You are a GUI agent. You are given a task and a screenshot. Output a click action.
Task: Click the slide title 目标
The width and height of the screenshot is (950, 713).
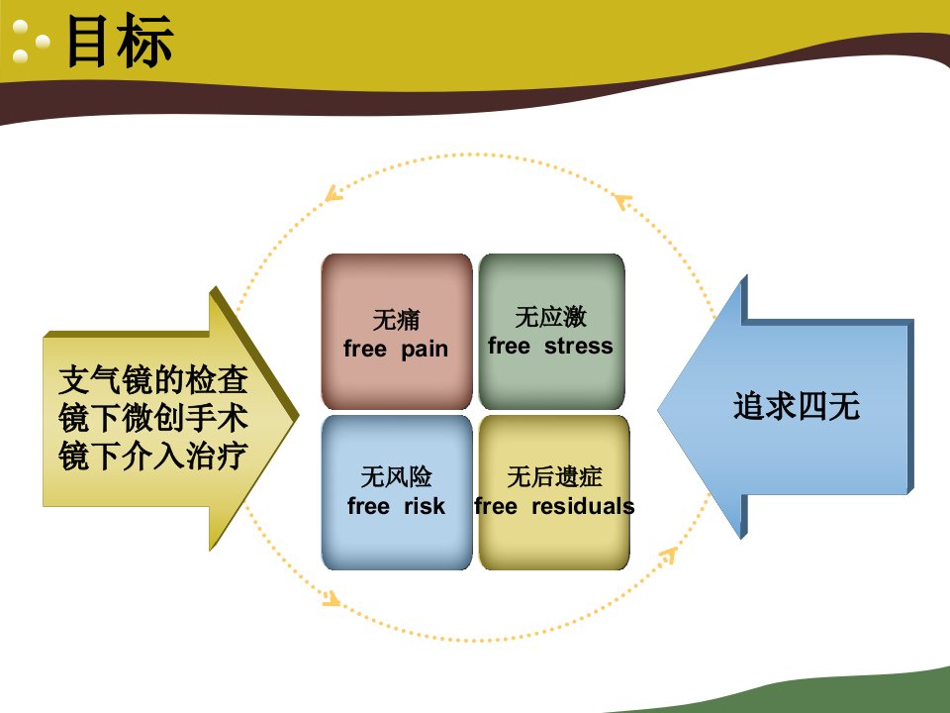120,42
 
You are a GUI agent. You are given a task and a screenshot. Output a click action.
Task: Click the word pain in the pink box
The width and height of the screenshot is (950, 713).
425,350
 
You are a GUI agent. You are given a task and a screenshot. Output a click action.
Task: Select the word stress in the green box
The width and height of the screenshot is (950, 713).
579,347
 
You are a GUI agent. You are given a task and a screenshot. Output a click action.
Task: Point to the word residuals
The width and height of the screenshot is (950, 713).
583,506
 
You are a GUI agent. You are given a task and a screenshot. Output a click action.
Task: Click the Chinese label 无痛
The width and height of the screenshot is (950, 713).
396,320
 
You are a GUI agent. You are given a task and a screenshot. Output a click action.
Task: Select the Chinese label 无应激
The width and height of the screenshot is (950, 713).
551,317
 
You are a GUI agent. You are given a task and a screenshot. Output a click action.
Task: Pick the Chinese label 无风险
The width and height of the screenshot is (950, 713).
396,476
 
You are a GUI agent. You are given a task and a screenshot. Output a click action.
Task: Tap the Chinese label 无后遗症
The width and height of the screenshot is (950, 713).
554,476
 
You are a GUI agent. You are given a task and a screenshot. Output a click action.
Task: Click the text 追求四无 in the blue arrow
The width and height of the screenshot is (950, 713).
796,406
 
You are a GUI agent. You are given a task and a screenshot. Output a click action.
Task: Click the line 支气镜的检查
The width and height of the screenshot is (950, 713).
153,380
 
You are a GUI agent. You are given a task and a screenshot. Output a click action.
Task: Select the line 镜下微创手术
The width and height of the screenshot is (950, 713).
153,418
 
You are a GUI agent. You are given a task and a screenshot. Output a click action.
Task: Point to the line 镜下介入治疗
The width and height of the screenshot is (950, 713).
153,456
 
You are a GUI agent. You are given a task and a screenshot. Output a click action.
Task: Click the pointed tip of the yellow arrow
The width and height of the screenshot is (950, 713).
298,416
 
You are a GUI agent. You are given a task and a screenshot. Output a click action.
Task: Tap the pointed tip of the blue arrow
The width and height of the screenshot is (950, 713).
659,409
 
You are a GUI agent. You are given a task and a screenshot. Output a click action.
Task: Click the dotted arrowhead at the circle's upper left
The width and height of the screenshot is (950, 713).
332,194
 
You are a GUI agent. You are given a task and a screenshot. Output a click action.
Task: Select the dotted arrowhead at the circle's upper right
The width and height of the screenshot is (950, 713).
621,201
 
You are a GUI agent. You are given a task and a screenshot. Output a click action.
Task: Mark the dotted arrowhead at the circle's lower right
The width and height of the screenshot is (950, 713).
669,555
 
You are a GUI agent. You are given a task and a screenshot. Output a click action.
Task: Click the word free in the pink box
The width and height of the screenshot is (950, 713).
365,349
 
